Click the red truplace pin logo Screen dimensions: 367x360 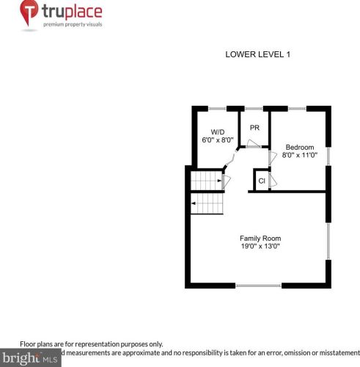point(29,14)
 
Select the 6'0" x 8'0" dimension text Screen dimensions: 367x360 point(217,140)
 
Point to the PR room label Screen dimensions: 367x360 point(254,128)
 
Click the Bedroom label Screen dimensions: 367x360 point(299,146)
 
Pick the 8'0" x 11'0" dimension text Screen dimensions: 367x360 point(299,155)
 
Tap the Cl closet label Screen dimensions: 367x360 point(261,181)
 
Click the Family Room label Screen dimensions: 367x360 point(260,238)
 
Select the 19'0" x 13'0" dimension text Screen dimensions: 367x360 point(260,247)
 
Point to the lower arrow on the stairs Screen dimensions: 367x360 point(194,201)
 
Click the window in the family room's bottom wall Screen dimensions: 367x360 point(258,285)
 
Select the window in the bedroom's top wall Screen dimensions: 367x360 point(297,109)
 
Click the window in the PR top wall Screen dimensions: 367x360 point(254,109)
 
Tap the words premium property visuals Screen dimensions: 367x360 point(73,24)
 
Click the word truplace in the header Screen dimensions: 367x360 point(72,12)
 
